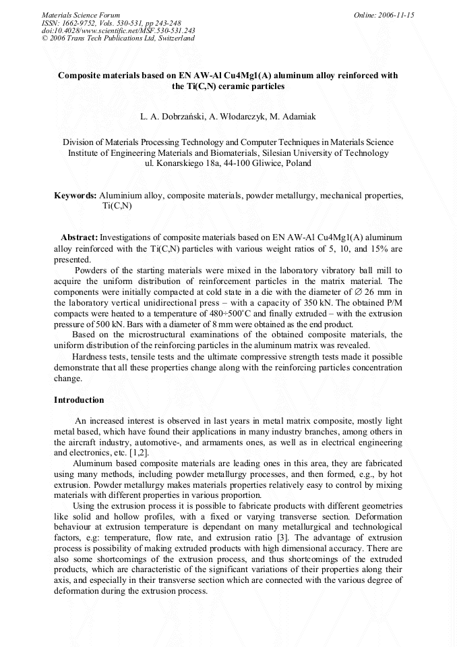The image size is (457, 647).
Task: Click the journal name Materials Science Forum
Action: point(81,14)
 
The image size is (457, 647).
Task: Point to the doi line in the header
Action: point(119,30)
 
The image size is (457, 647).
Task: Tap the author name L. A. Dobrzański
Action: point(169,117)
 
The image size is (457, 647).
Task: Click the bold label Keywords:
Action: point(75,196)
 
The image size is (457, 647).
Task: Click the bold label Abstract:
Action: point(79,237)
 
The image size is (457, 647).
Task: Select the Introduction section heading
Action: point(79,400)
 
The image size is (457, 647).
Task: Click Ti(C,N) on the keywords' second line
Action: point(117,206)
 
